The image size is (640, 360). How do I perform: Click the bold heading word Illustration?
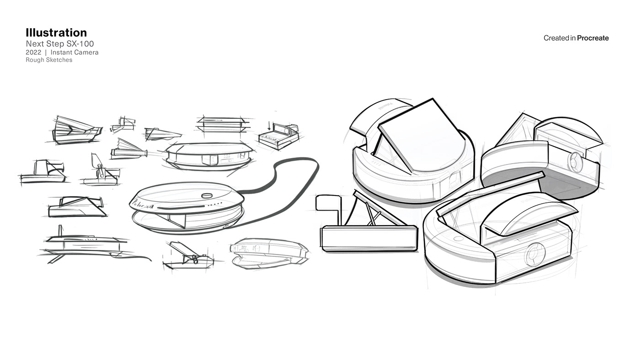pos(56,33)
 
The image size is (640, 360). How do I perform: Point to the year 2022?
pos(33,53)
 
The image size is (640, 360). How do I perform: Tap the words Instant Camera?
pos(75,53)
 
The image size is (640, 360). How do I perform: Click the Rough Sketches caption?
pos(49,60)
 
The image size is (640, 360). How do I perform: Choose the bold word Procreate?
pos(593,38)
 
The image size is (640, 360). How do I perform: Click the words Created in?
pos(560,38)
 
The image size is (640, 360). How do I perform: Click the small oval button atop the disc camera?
pos(207,196)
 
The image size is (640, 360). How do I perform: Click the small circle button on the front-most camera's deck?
pos(458,238)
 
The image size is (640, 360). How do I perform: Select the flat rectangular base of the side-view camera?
pos(369,238)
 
